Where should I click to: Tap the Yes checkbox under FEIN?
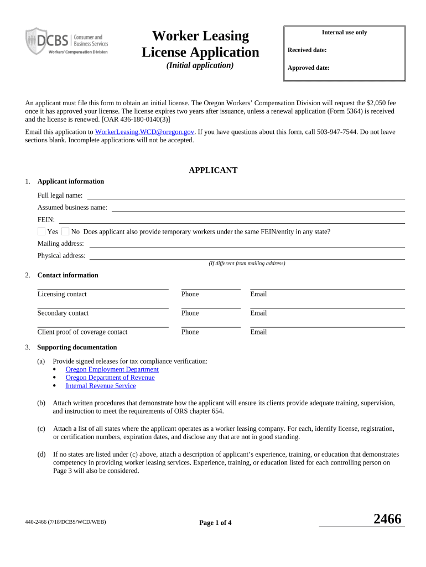pos(41,231)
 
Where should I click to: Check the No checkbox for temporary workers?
pos(65,231)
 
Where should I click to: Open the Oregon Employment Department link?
pos(112,369)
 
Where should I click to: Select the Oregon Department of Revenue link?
pos(110,378)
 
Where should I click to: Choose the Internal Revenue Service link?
pos(101,386)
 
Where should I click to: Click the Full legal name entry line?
pos(246,196)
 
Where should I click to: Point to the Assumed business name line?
pos(258,208)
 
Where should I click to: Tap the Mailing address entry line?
pos(247,244)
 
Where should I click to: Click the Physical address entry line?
pos(247,256)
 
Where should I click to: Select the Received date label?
pos(307,50)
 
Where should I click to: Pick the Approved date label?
pos(308,69)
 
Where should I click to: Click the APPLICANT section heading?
pos(213,171)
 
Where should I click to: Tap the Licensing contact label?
pos(62,294)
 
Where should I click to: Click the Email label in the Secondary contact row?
pos(258,313)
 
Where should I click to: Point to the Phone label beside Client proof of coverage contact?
pos(190,332)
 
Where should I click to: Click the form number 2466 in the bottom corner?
pos(387,519)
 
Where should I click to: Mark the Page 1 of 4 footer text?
pos(215,523)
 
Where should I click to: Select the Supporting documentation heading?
pos(77,347)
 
